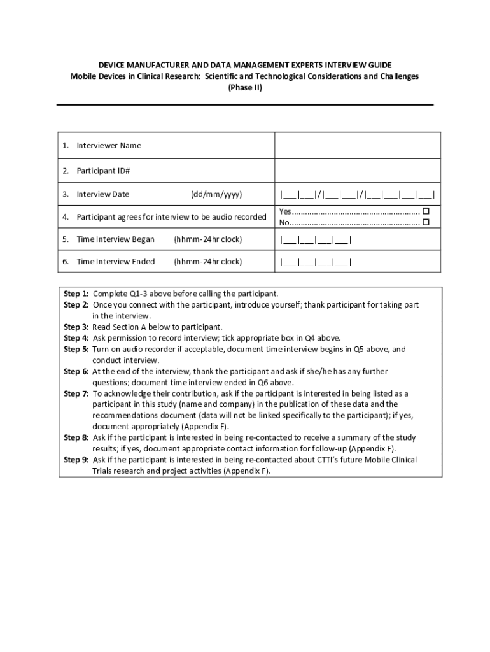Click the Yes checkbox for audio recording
[426, 211]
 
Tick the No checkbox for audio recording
[426, 222]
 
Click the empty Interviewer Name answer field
[357, 145]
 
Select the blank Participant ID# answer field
[357, 171]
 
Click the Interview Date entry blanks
[357, 194]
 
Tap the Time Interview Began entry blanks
[315, 240]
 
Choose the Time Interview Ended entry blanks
[315, 262]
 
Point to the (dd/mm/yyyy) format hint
[216, 194]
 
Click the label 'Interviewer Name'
[109, 145]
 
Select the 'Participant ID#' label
[103, 171]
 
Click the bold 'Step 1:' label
[76, 294]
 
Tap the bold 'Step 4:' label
[76, 338]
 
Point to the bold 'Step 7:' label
[76, 393]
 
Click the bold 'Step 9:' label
[76, 460]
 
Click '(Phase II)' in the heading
[244, 88]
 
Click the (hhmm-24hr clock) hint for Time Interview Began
[207, 240]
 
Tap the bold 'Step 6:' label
[76, 371]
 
